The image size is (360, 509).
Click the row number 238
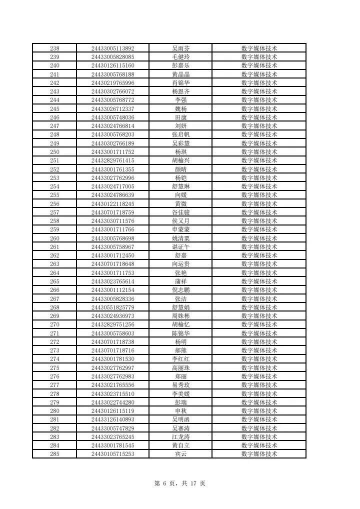(55, 48)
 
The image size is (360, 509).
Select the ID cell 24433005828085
(112, 57)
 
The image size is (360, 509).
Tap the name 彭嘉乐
(180, 65)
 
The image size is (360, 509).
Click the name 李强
(180, 100)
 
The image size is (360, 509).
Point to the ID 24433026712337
(112, 109)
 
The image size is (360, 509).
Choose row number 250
(55, 152)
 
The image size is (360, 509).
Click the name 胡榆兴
(180, 160)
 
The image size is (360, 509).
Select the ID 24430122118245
(112, 204)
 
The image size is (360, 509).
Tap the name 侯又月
(180, 221)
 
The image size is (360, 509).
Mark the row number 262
(55, 255)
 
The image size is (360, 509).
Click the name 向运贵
(180, 264)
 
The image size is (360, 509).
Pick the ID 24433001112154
(112, 290)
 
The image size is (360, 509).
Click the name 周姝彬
(180, 316)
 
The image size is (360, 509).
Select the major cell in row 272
(259, 342)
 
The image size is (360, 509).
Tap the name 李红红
(180, 359)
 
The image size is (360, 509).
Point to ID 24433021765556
(112, 385)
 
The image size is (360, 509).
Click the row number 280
(55, 411)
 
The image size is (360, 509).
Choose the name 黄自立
(180, 445)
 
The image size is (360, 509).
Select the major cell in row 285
(259, 454)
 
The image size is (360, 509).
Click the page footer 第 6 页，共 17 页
(180, 483)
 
